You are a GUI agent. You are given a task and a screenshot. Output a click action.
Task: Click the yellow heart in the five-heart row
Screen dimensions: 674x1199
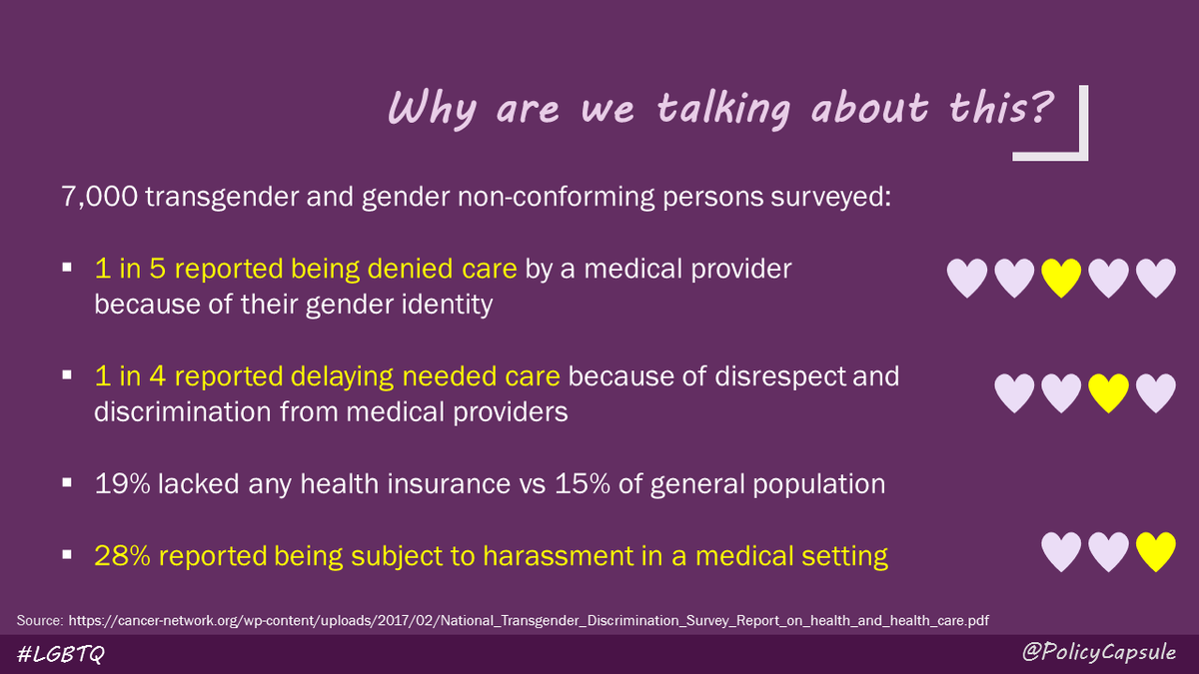click(1061, 278)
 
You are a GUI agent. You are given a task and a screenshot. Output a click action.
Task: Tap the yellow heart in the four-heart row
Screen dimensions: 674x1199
click(1107, 392)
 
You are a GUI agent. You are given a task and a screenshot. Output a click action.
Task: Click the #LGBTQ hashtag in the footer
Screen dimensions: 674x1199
click(62, 654)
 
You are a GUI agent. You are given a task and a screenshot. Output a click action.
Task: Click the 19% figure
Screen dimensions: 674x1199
click(118, 485)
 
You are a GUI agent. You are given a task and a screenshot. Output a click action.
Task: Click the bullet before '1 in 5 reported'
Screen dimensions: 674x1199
click(67, 270)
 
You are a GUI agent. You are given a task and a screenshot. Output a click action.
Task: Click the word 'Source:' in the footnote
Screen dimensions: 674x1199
click(40, 621)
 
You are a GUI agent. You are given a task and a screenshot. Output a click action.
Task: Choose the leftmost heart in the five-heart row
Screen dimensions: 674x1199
click(966, 278)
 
